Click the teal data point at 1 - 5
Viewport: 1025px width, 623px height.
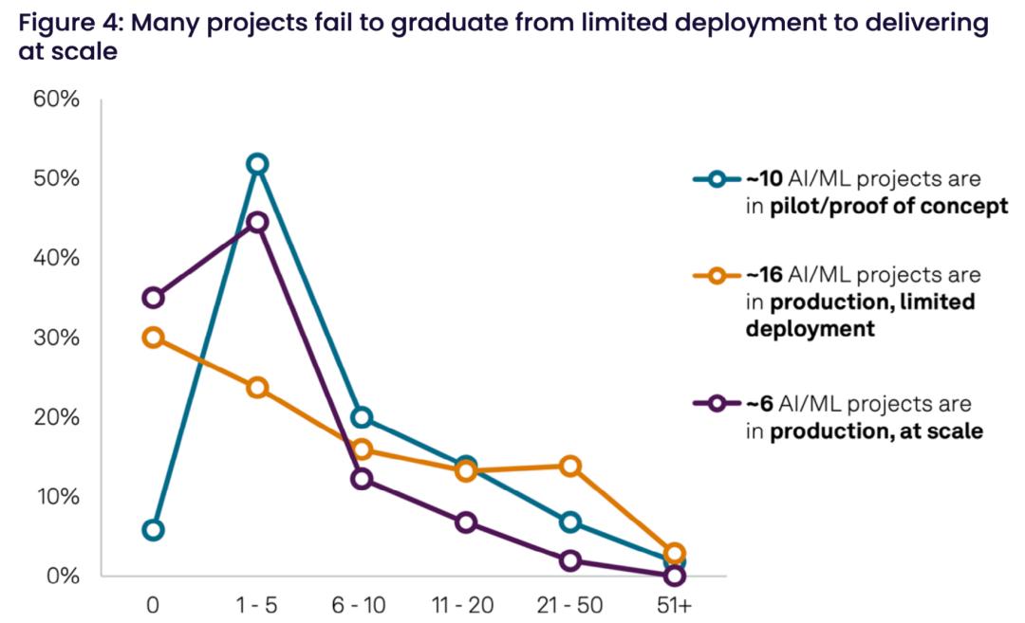[257, 164]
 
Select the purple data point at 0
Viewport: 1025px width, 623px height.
[153, 298]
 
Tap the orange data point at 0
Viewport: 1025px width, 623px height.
[153, 338]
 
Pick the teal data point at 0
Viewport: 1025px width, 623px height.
[153, 529]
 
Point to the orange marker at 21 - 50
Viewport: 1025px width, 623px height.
[570, 466]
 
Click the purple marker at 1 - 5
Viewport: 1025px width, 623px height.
[257, 222]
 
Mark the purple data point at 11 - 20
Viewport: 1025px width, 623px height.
[466, 522]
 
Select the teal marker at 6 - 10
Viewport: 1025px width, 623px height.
[362, 417]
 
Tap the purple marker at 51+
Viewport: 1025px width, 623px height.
[675, 575]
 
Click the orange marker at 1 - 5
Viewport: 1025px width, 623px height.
[257, 387]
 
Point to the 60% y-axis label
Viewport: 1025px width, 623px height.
[58, 100]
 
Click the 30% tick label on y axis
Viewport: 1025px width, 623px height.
[58, 339]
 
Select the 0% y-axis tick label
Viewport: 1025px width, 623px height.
[63, 577]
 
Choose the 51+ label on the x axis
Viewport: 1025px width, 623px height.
[675, 604]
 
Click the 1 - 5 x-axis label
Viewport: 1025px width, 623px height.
[257, 604]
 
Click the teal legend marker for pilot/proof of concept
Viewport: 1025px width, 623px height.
[717, 178]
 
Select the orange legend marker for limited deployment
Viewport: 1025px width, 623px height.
[717, 276]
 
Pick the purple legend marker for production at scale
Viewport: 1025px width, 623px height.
[717, 404]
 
